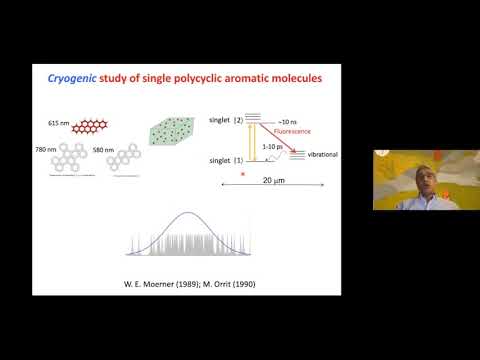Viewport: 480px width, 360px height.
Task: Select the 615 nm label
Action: pyautogui.click(x=60, y=124)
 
